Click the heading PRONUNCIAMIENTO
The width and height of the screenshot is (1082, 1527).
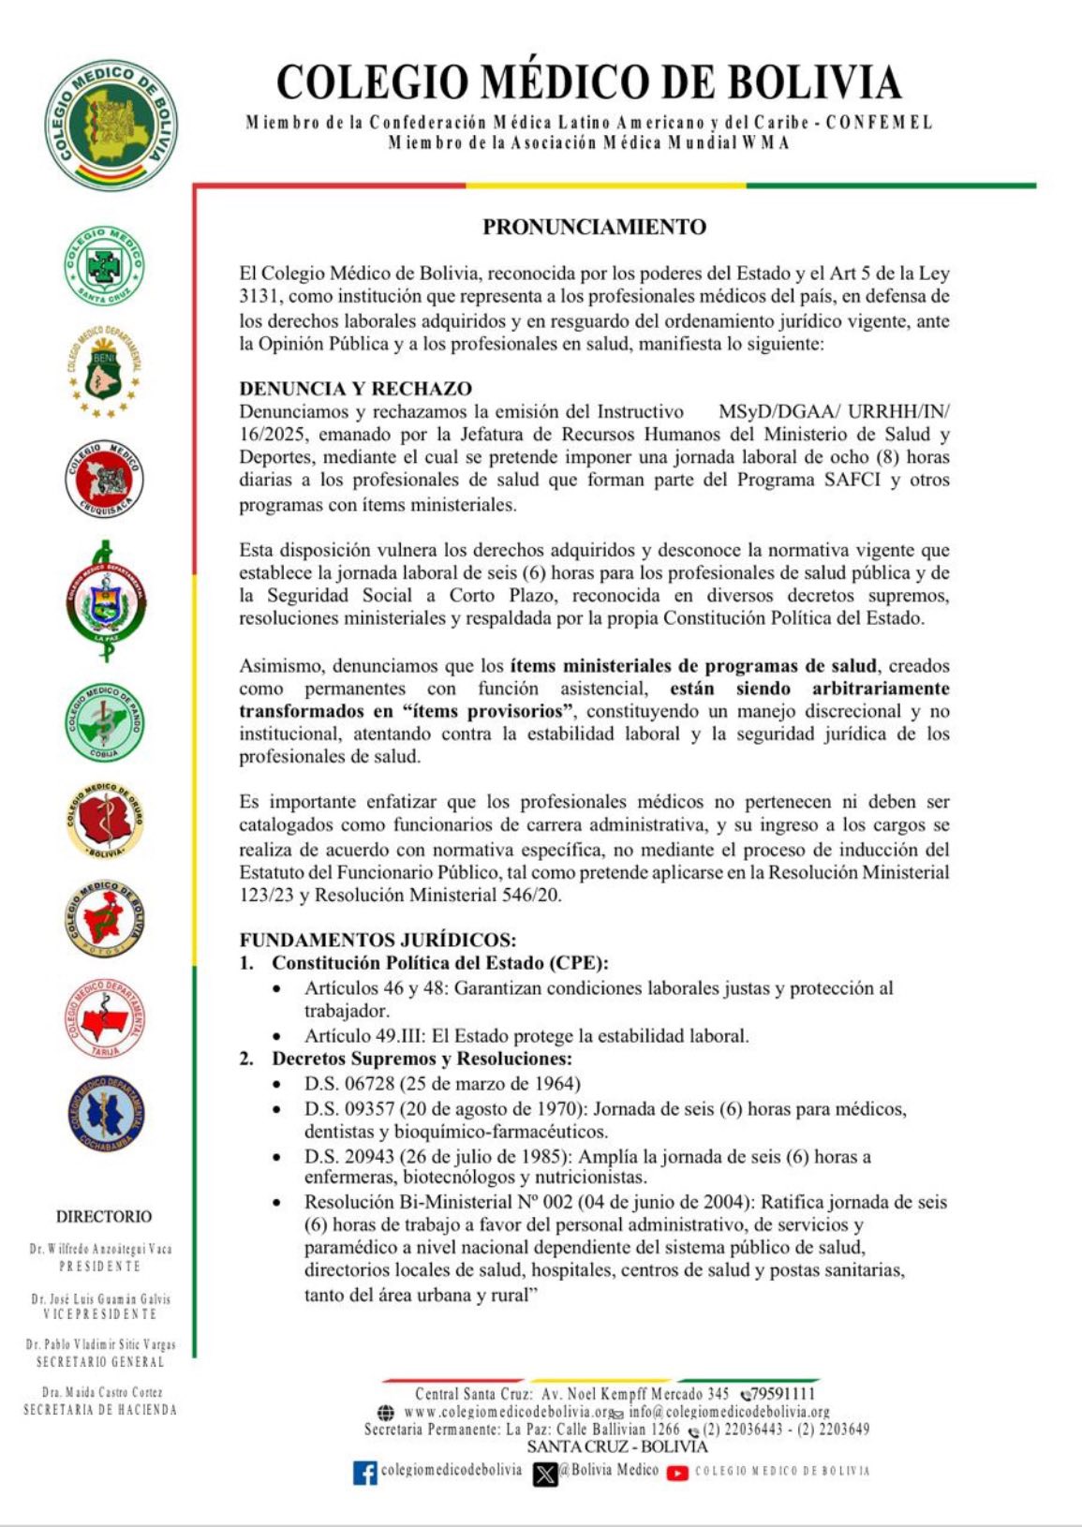(594, 227)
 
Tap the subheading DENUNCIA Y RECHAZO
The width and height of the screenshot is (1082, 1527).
(355, 389)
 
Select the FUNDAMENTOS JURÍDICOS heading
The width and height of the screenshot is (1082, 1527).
(378, 940)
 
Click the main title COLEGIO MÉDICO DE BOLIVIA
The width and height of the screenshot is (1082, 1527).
(588, 82)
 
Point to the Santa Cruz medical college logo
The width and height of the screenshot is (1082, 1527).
(104, 265)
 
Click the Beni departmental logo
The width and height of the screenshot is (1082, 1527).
(104, 371)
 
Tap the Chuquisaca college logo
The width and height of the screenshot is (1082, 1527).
(104, 479)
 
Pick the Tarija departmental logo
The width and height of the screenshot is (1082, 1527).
(104, 1019)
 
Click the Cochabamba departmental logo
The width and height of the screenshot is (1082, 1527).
(105, 1114)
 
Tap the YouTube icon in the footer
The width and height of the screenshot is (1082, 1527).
(677, 1473)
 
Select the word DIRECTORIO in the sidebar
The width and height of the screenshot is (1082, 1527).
(104, 1217)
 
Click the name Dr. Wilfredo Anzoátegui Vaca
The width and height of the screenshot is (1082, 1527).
(100, 1249)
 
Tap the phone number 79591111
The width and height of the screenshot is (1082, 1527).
(782, 1394)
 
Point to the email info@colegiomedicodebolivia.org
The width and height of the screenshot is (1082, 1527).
(729, 1412)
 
